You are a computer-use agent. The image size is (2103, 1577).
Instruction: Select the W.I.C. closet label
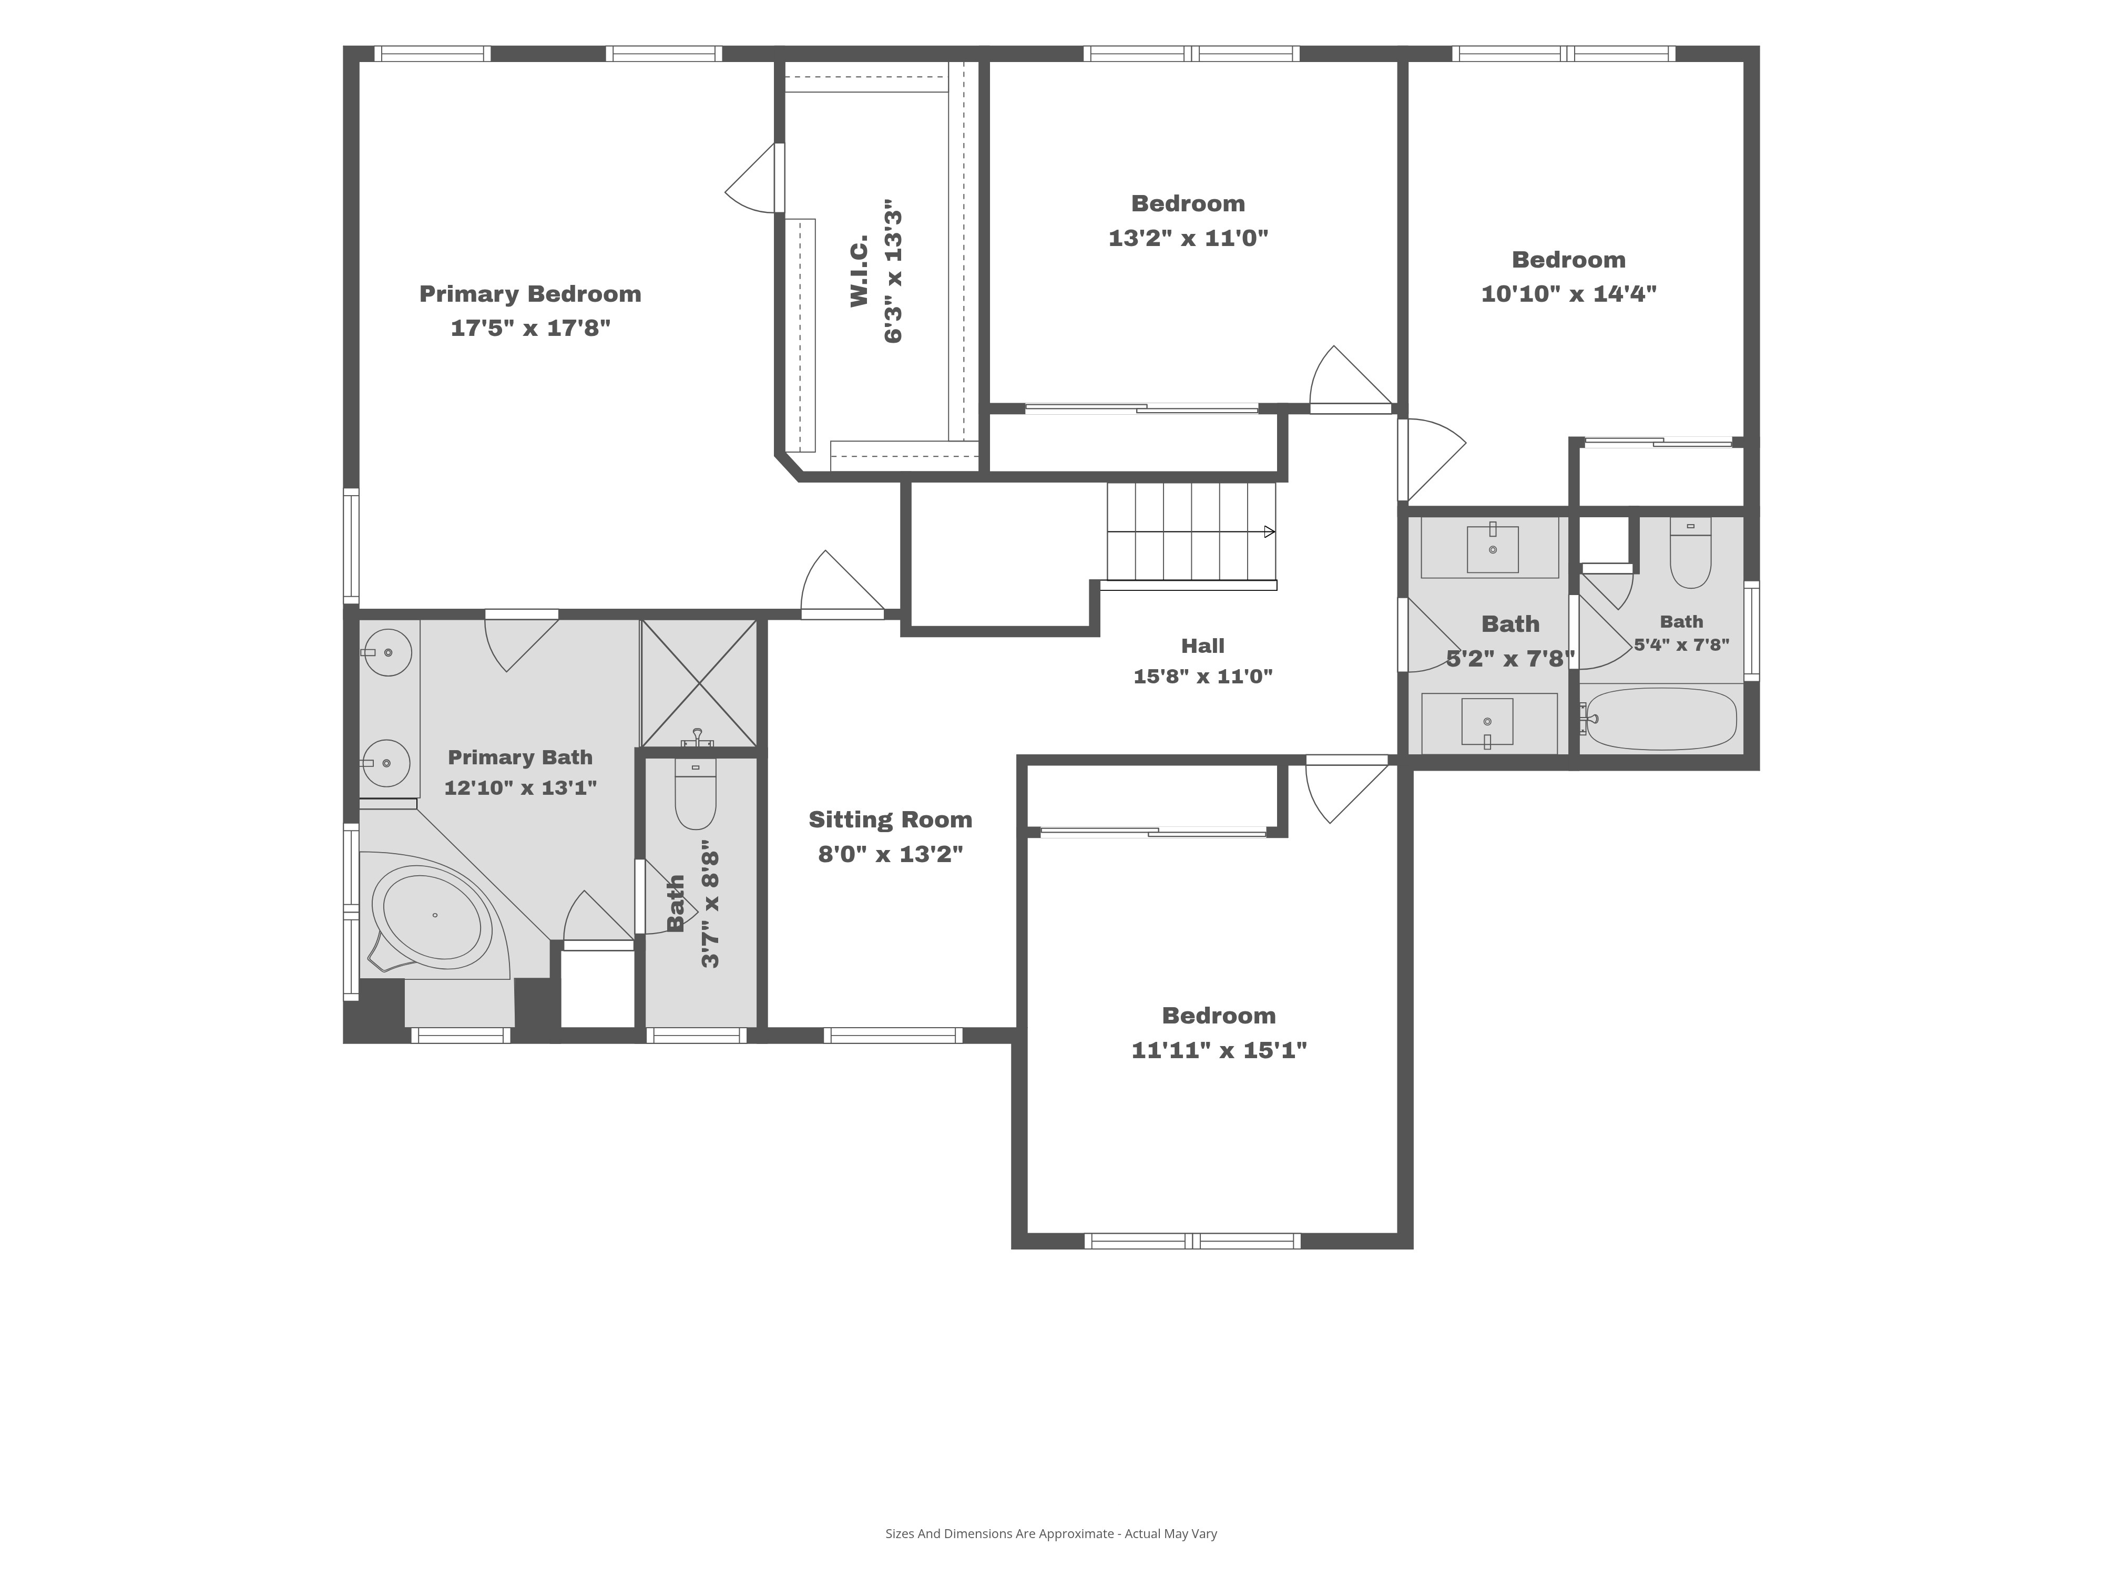pos(860,271)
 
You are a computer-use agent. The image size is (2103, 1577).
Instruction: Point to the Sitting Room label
pos(890,820)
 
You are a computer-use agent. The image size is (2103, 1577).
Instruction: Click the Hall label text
pos(1203,646)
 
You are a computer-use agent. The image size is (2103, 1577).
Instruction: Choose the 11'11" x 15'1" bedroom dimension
pos(1219,1049)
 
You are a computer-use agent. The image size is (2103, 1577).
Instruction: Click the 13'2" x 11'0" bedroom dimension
pos(1188,238)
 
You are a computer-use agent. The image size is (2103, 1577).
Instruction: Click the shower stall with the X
pos(699,682)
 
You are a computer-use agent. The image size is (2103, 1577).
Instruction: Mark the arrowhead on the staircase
pos(1269,531)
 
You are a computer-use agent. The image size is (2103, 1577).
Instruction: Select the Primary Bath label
pos(520,757)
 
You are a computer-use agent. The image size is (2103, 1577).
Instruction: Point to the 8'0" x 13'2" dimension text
pos(890,854)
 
